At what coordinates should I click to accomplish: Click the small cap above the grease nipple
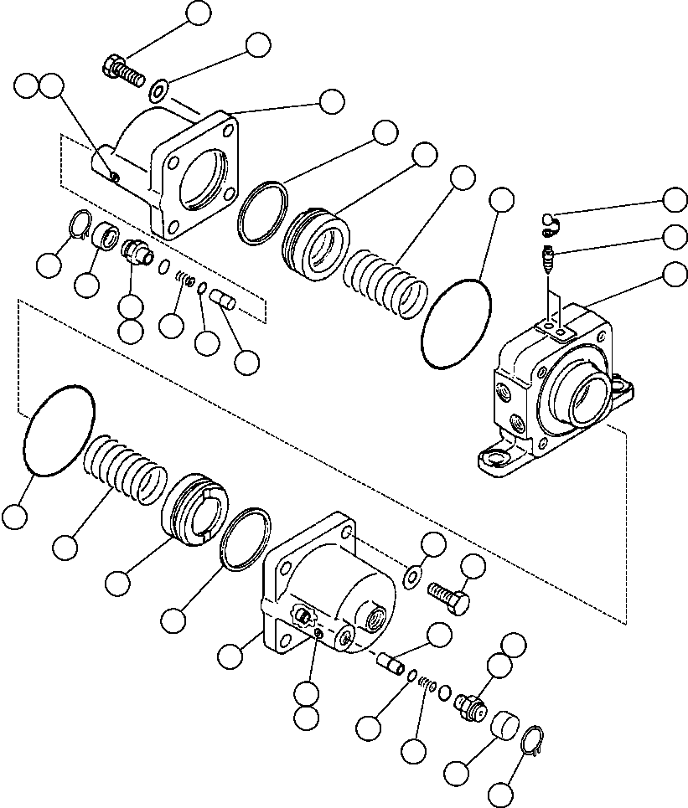[x=548, y=221]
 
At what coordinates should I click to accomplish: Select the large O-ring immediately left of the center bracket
[x=458, y=322]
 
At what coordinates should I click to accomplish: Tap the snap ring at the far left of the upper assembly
[x=80, y=224]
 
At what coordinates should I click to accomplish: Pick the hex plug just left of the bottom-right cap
[x=471, y=705]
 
